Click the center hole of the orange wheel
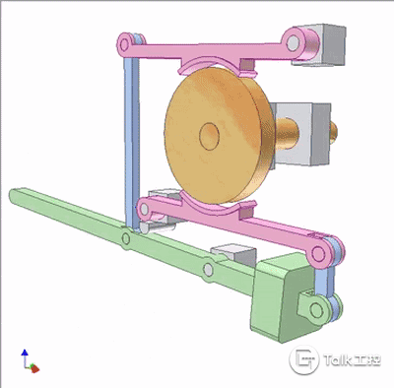point(210,137)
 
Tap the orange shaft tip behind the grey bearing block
point(333,133)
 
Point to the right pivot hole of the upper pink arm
point(294,41)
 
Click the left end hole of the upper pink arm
point(124,43)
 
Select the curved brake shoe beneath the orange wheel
point(215,205)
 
